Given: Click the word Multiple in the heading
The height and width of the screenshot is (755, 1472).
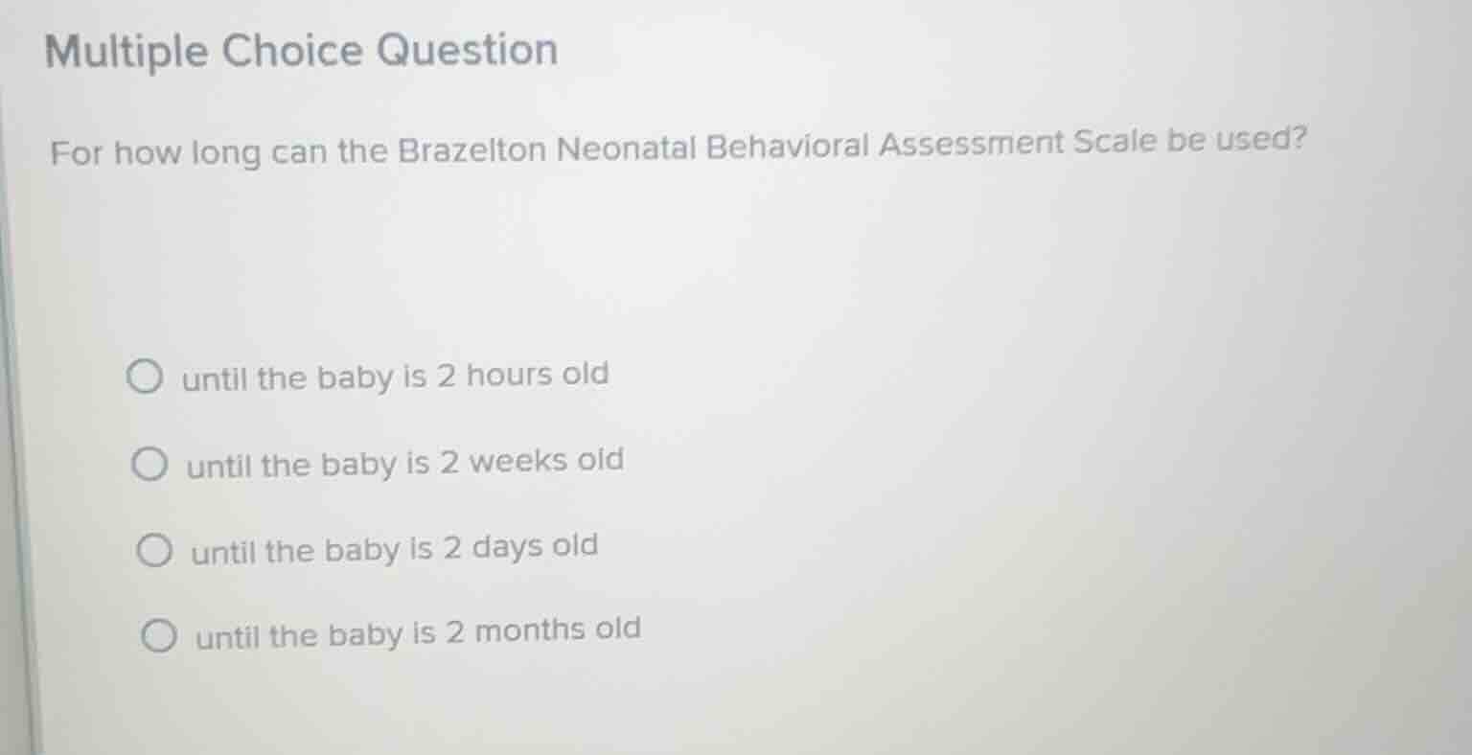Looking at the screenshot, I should point(126,52).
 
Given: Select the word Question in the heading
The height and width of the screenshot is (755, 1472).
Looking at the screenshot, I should point(467,49).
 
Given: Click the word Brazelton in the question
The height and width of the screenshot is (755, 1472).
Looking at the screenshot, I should point(471,150).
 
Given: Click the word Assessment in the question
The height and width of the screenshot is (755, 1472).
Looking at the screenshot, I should point(971,144).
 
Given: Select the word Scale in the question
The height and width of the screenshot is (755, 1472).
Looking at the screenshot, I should point(1115,142).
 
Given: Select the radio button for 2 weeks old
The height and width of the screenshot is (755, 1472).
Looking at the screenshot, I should point(149,466).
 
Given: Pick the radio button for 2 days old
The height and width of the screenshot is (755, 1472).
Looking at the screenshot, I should point(153,552).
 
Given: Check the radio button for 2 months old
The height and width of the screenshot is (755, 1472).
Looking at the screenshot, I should point(158,636).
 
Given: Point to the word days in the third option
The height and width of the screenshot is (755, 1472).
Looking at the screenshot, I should point(509,547).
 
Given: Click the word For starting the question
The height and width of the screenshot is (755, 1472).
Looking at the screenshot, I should point(76,153).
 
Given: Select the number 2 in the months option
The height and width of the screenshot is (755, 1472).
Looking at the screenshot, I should point(454,632).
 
